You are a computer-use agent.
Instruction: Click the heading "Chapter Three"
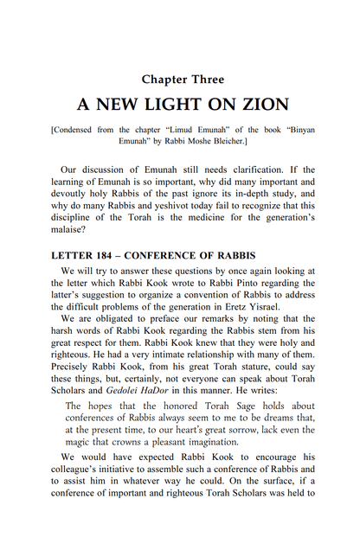click(x=180, y=80)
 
